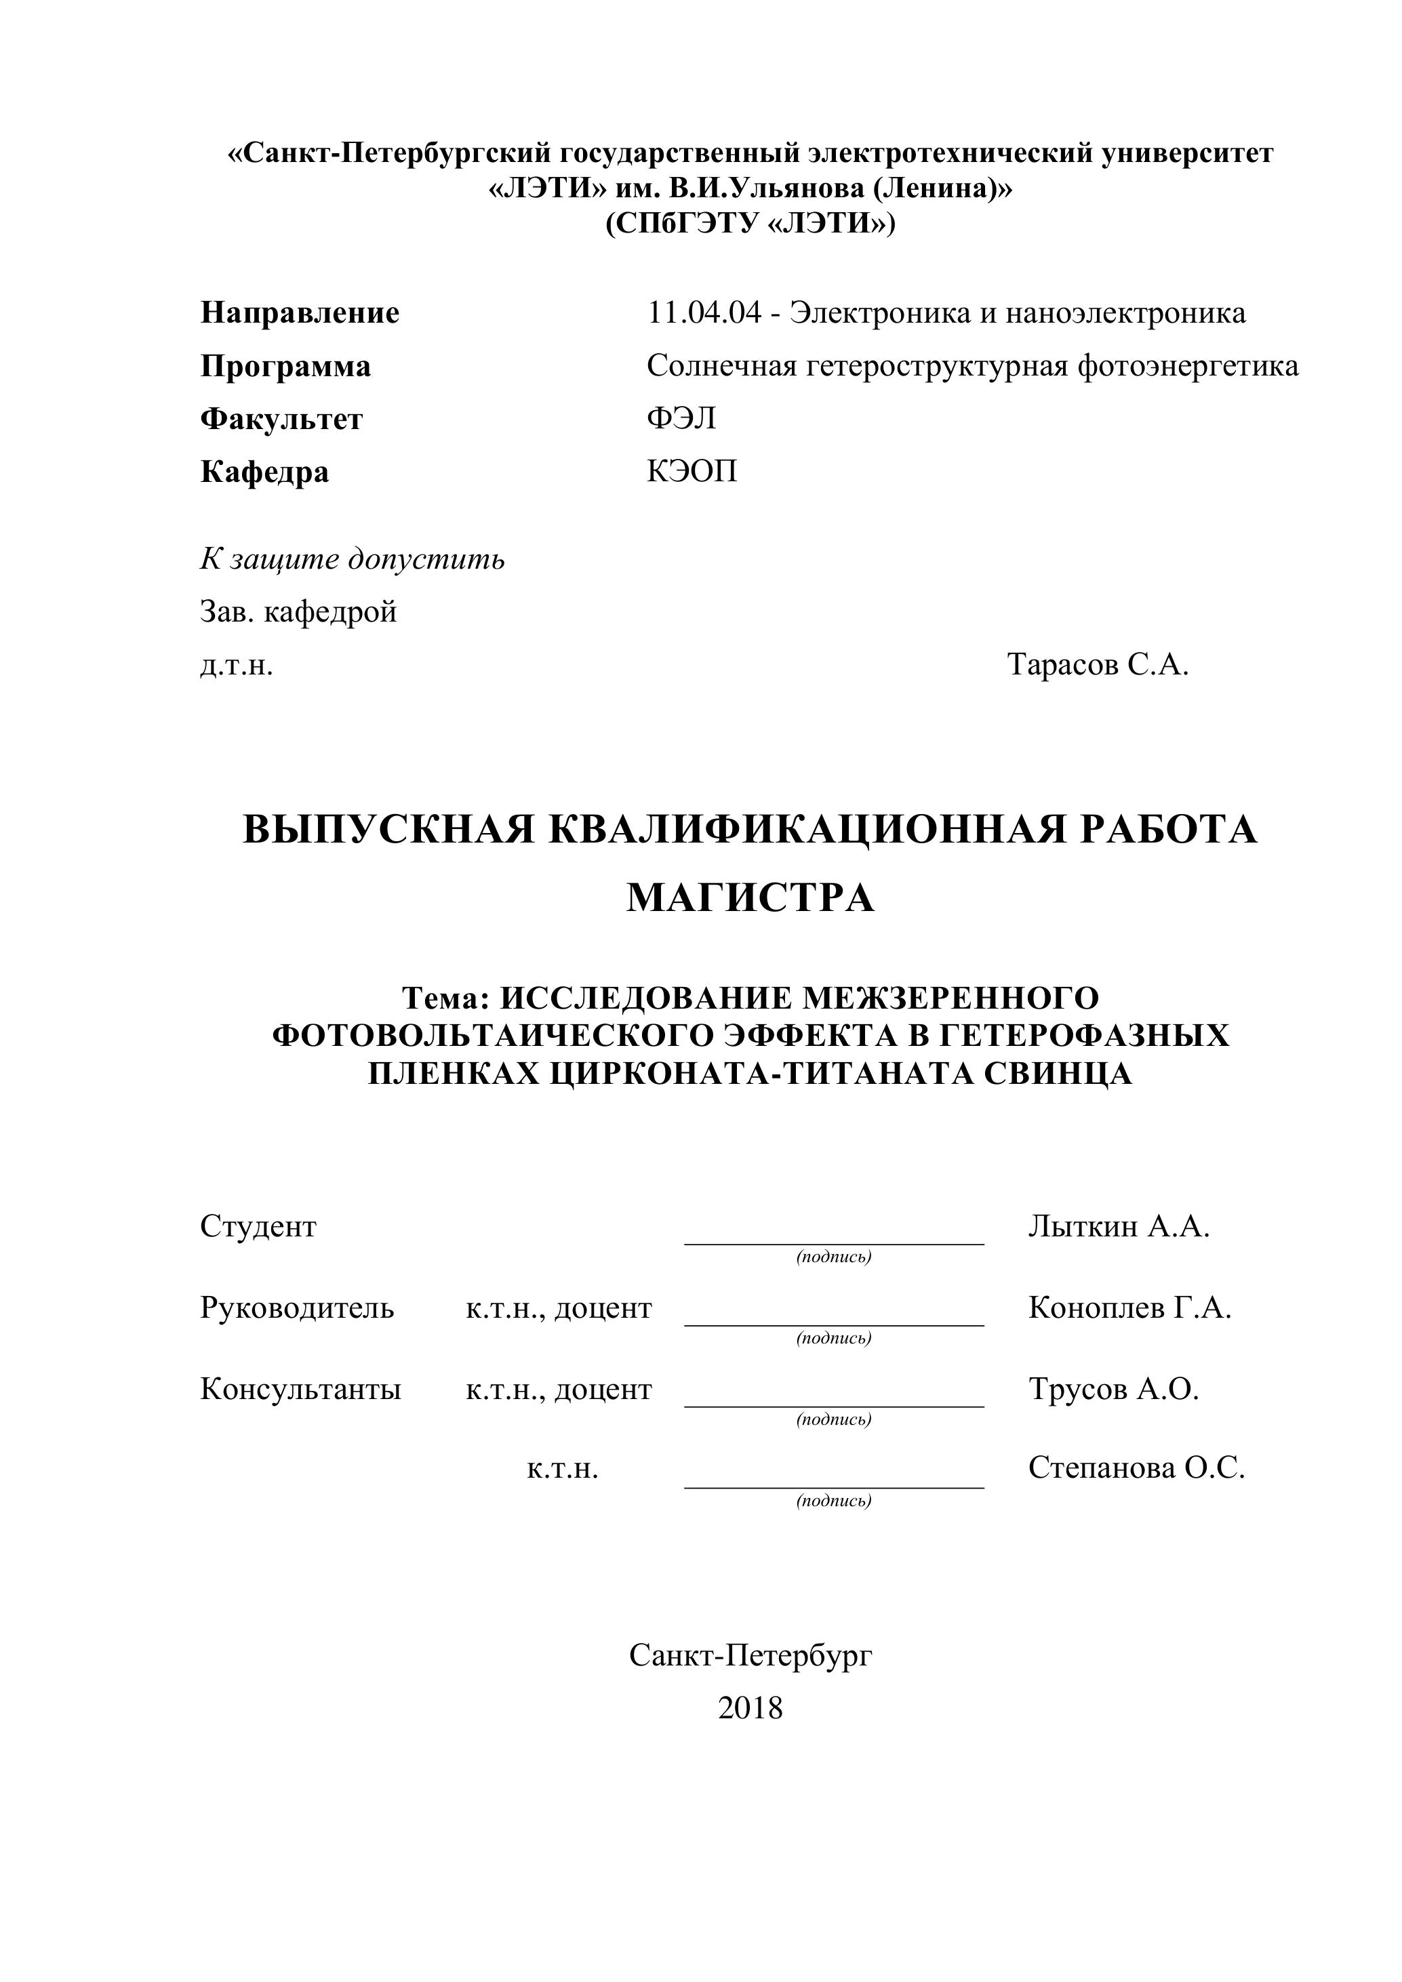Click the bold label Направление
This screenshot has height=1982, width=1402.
300,312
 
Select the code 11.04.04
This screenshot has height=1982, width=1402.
704,312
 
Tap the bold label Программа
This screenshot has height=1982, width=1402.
285,366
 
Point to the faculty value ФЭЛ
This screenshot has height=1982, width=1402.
681,419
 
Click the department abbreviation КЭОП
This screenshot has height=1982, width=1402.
692,471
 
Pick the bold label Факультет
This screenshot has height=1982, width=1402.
281,419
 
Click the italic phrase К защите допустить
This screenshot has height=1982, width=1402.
353,559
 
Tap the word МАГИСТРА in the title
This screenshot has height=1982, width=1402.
750,897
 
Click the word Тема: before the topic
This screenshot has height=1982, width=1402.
445,998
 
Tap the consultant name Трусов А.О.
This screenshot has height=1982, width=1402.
1114,1390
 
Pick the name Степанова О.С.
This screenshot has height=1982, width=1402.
1136,1468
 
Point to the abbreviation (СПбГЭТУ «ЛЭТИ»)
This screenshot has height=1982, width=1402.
750,224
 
